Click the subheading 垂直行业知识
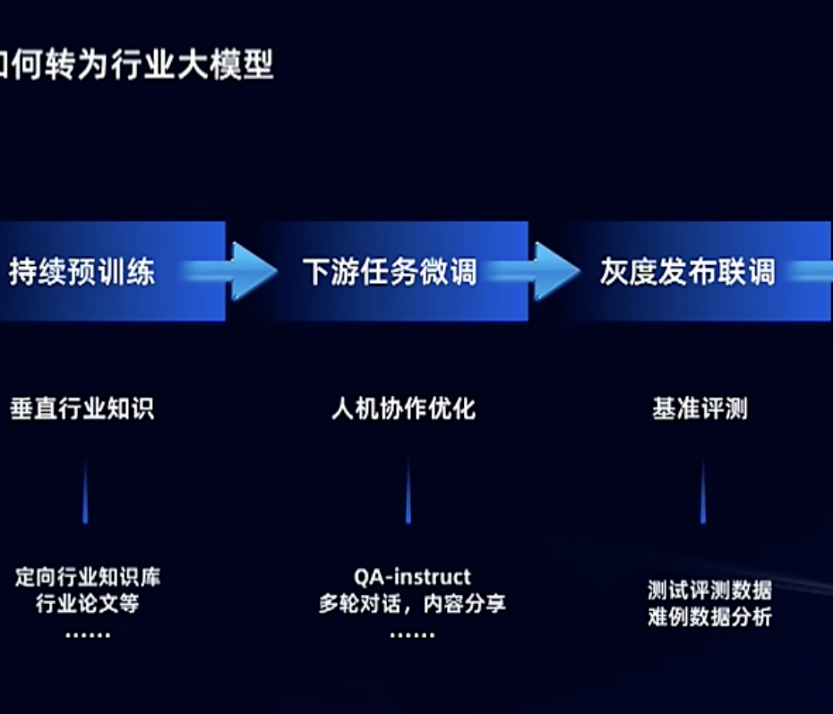coord(82,409)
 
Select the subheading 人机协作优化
coord(403,409)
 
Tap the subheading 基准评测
coord(700,409)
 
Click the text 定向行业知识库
coord(88,576)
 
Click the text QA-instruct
coord(412,576)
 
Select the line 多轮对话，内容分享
coord(412,604)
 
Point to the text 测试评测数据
coord(709,590)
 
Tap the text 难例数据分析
coord(709,617)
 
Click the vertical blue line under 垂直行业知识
coord(85,492)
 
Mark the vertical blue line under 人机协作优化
coord(408,492)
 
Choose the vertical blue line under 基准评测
coord(702,492)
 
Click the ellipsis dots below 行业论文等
coord(88,634)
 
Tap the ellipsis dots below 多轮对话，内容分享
coord(412,634)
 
